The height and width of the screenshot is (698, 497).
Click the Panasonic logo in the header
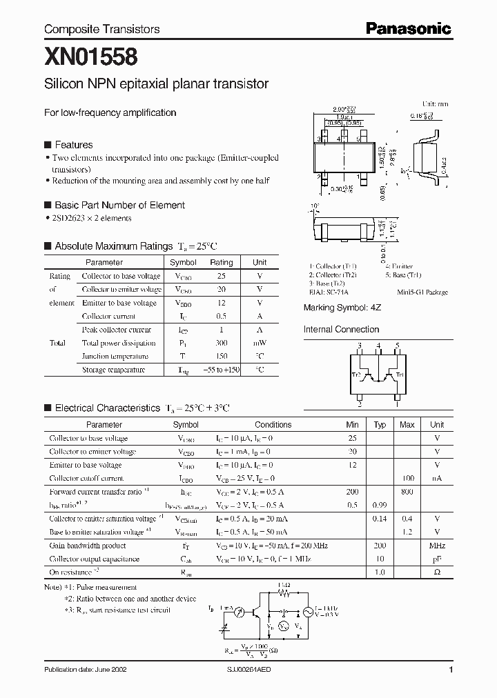tap(407, 28)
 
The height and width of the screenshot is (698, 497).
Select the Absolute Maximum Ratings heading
tap(113, 246)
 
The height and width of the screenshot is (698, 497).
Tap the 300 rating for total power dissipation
tap(221, 343)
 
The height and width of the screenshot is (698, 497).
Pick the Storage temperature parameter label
tap(113, 370)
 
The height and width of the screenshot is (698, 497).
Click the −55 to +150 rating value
tap(221, 370)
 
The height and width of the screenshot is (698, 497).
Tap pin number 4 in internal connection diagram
tap(378, 345)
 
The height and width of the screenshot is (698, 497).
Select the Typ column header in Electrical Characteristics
tap(380, 425)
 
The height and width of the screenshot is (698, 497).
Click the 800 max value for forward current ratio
tap(407, 492)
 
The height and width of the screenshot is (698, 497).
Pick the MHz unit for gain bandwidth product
tap(436, 546)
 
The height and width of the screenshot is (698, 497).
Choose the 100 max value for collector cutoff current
tap(407, 478)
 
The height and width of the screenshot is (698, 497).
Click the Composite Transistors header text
tap(101, 29)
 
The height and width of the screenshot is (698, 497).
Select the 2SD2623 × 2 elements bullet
tap(90, 218)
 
